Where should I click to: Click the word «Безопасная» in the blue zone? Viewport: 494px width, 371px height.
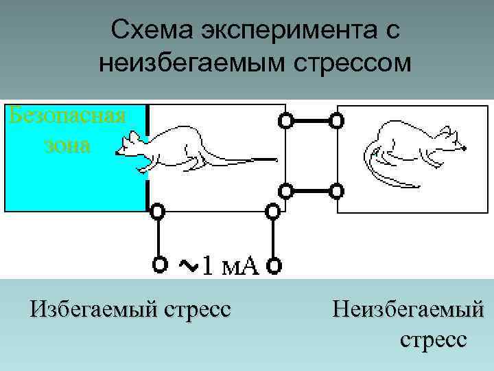pos(67,115)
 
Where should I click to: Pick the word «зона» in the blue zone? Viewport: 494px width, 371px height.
pos(67,145)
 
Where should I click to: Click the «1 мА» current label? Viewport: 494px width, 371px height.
pos(230,265)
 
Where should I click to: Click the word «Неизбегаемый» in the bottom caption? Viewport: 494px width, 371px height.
pos(408,309)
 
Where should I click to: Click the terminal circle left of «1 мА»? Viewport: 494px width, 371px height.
pos(159,264)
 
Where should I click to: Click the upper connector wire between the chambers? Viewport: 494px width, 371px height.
pos(310,122)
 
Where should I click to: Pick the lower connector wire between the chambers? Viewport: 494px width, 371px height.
pos(310,190)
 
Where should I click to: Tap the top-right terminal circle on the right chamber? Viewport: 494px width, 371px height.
pos(336,122)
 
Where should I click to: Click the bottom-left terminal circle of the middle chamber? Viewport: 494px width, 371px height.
pos(158,210)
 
